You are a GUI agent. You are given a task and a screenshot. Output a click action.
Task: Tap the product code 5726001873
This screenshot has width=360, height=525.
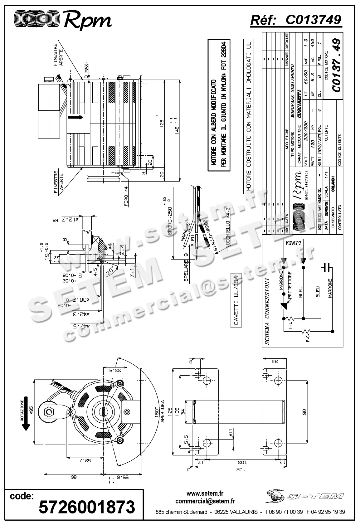click(87, 507)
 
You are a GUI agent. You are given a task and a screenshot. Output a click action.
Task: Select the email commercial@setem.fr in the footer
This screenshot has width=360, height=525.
click(205, 501)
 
